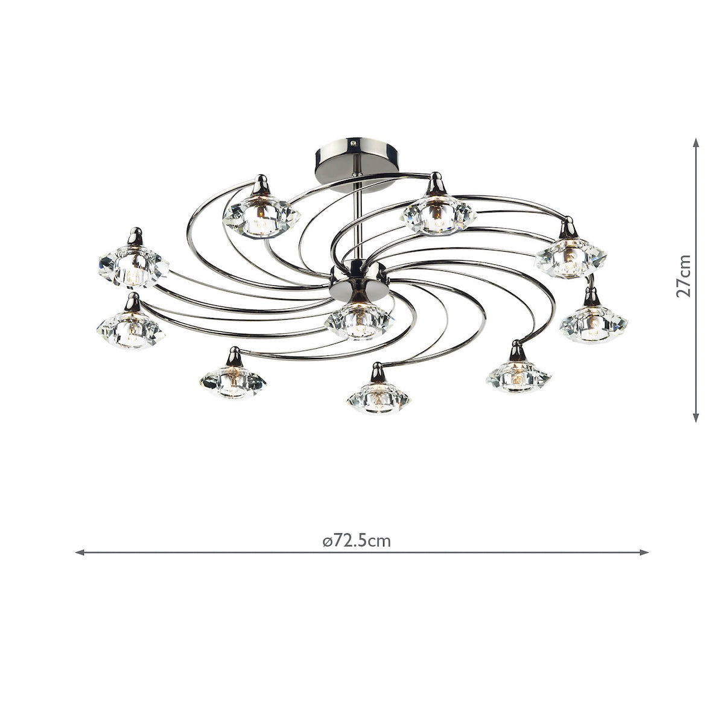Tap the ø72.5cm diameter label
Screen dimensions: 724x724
(x=357, y=541)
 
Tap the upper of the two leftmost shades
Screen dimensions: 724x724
(x=133, y=266)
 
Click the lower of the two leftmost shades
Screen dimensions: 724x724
(x=130, y=329)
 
